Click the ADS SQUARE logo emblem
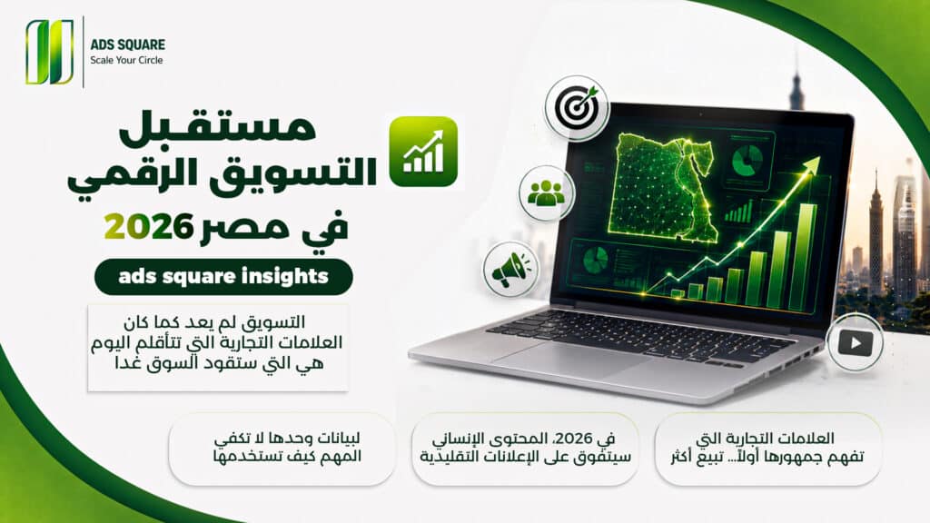(50, 52)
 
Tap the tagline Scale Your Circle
(126, 60)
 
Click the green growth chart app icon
(423, 152)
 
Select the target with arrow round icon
(577, 108)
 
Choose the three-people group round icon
(546, 193)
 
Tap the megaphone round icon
(511, 270)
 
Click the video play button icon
(856, 342)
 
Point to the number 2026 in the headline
(149, 227)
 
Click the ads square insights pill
(223, 277)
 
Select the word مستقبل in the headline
(218, 127)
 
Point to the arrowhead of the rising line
(813, 163)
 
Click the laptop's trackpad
(570, 358)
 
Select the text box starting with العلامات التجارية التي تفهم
(767, 449)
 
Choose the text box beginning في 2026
(525, 449)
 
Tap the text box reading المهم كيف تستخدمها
(282, 449)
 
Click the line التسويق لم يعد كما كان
(214, 322)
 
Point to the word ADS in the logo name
(102, 44)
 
